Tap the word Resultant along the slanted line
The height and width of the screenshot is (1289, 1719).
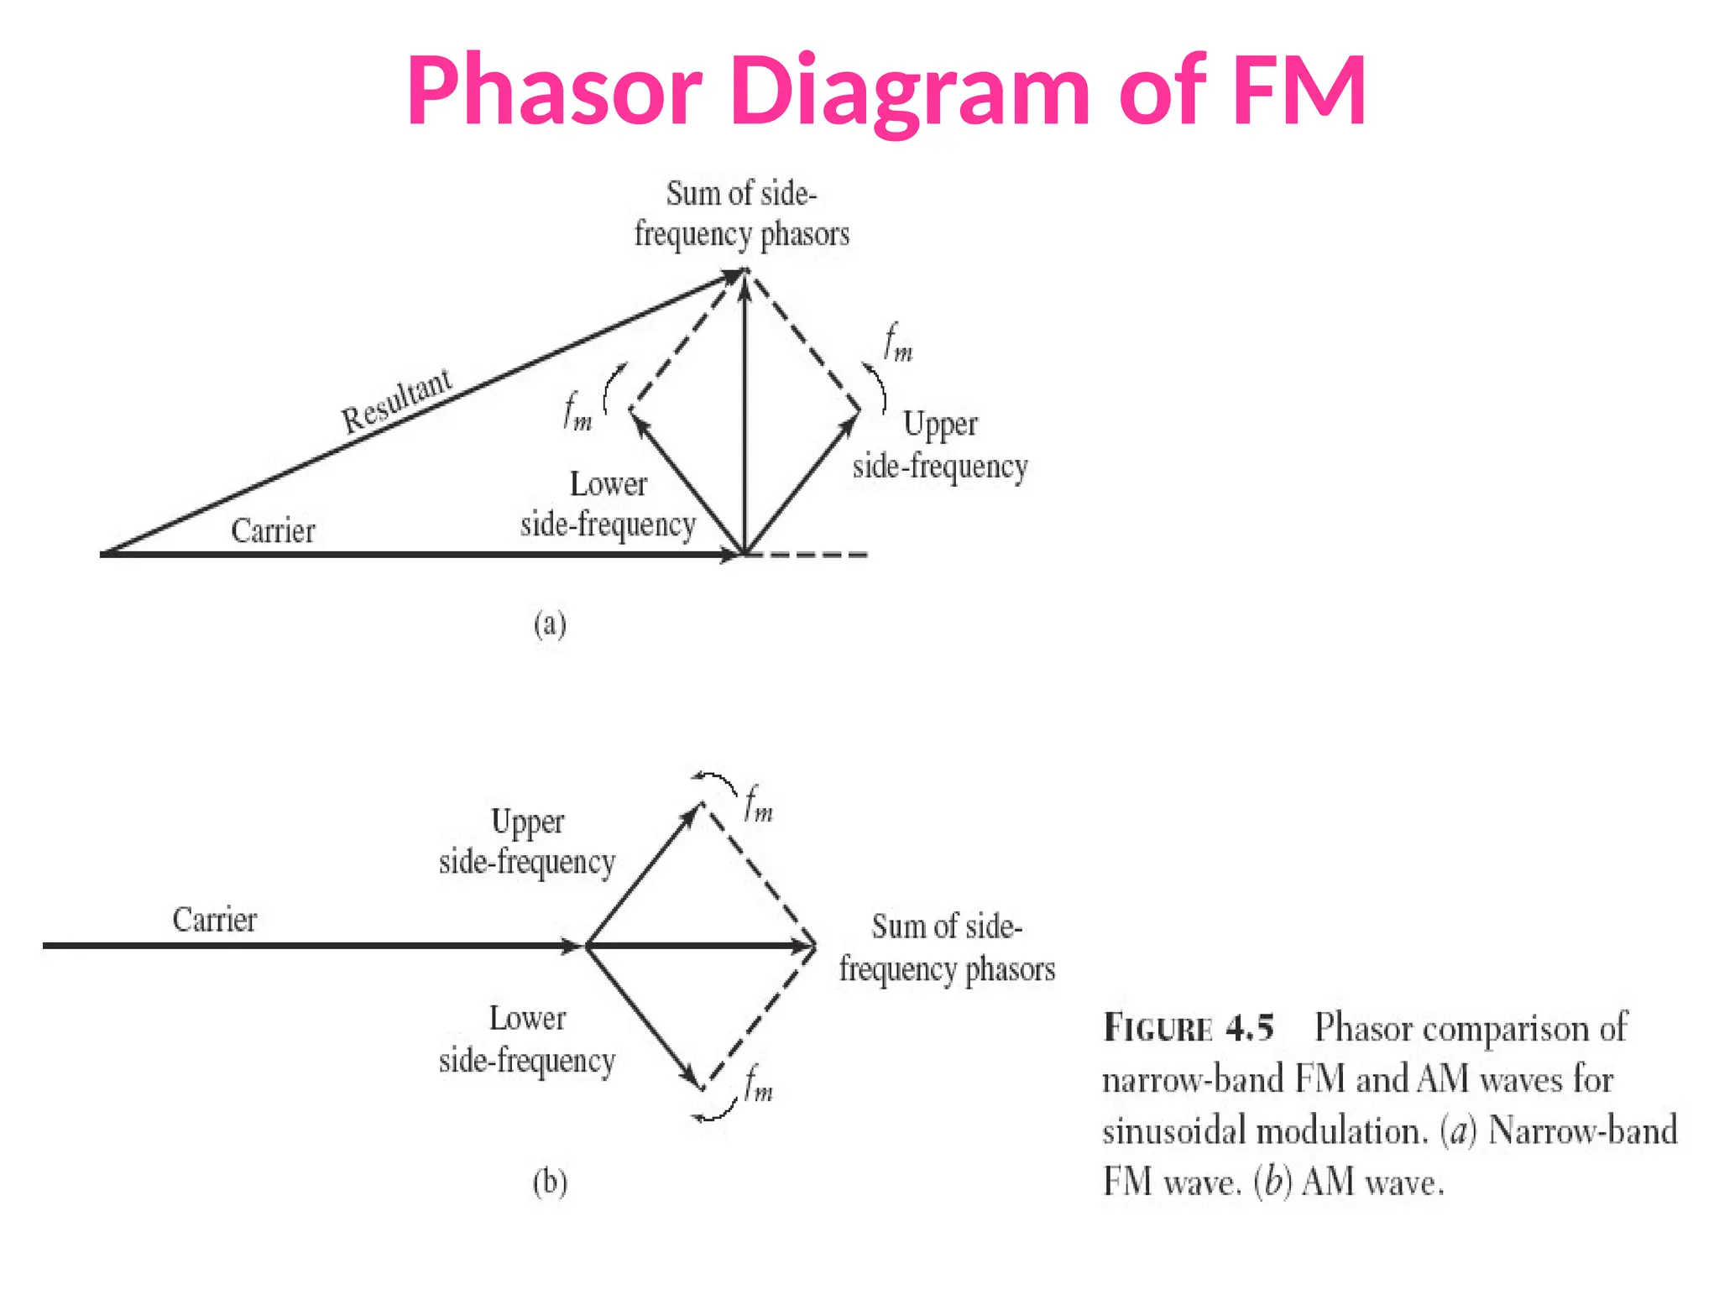(x=396, y=401)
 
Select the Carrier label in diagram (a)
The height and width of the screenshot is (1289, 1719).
(x=273, y=531)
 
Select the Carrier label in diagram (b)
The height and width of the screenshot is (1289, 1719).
(x=214, y=920)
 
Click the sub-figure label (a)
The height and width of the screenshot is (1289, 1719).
(x=550, y=624)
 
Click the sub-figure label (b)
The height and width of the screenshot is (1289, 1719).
(x=550, y=1182)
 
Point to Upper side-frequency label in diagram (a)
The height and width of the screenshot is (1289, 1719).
(x=940, y=446)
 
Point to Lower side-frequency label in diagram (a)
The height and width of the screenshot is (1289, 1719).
(x=608, y=504)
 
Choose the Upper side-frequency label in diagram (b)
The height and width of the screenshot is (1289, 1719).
(x=527, y=842)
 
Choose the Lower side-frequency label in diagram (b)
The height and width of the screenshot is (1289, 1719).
(x=527, y=1040)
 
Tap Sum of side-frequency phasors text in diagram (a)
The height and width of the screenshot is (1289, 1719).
(x=741, y=214)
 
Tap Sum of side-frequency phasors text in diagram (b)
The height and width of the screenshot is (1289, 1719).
(x=947, y=948)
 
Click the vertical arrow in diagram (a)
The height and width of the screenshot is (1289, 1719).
(x=744, y=420)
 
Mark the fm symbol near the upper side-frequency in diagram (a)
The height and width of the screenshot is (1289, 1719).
(x=897, y=344)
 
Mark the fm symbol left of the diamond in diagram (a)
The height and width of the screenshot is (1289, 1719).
(x=577, y=412)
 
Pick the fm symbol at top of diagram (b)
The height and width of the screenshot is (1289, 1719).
(x=758, y=804)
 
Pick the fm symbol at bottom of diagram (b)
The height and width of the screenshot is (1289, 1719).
(x=758, y=1083)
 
